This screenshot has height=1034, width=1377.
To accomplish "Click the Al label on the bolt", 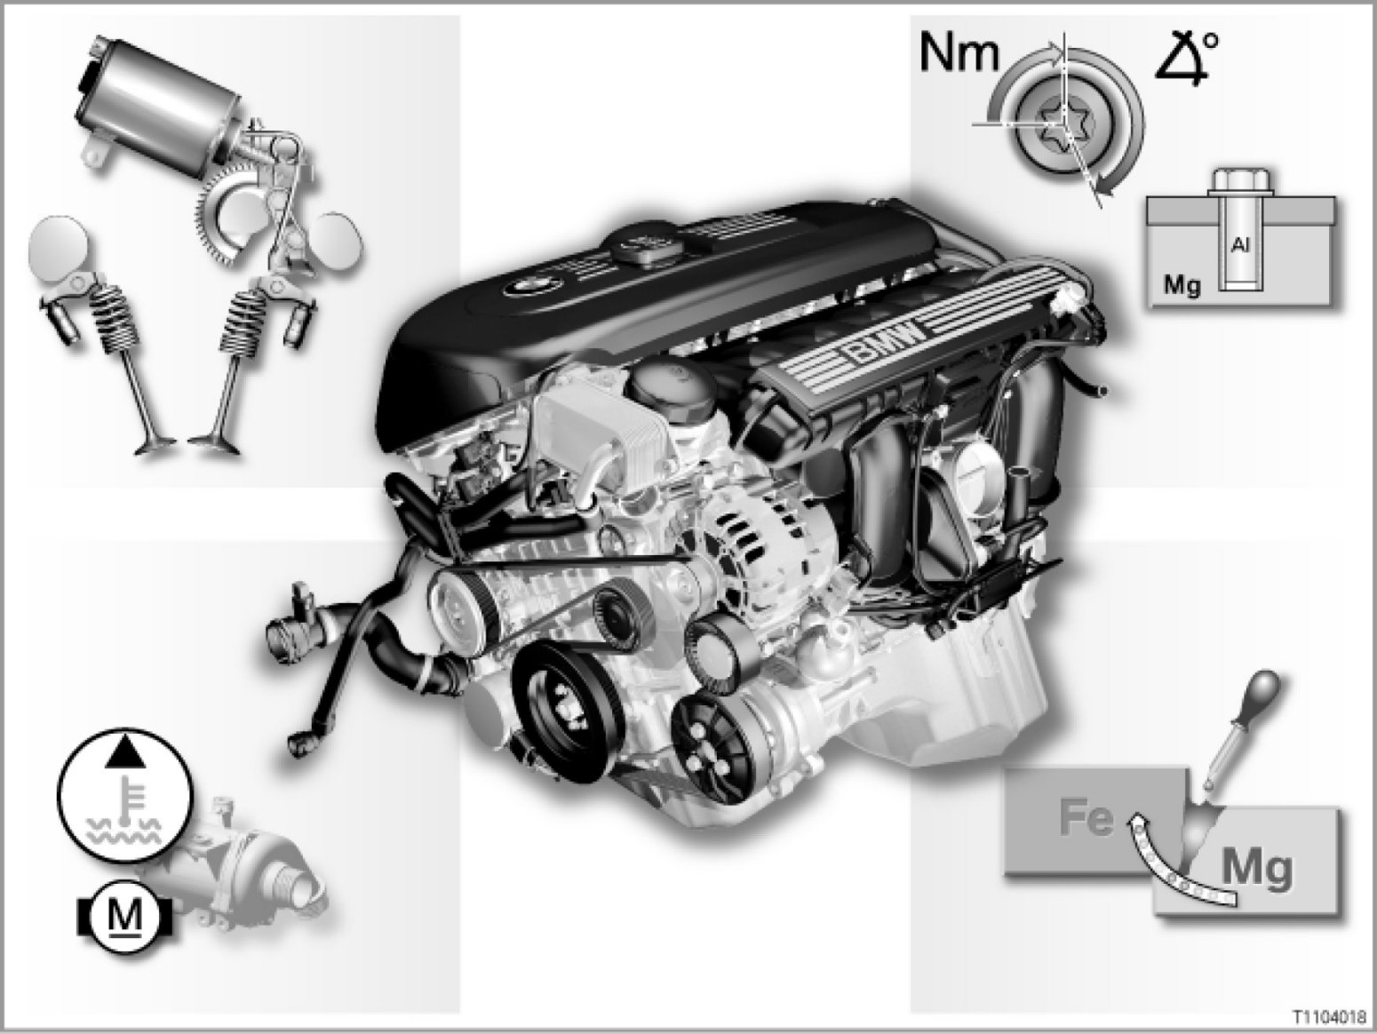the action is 1240,244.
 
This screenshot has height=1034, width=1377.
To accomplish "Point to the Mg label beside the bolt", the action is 1182,285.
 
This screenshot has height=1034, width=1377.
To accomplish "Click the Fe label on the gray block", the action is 1086,817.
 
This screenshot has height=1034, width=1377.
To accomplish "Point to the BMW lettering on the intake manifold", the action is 886,346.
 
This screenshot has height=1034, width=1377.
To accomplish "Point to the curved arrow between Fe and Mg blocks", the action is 1166,871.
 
